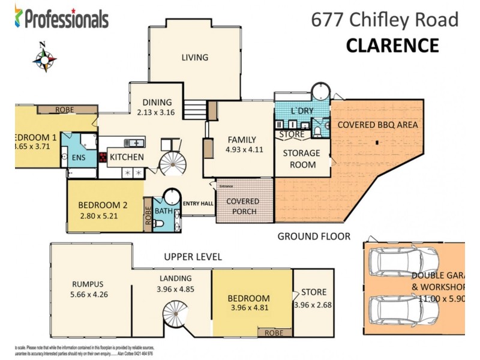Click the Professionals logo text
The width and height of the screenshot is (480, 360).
coord(66,19)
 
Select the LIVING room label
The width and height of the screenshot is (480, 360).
coord(195,58)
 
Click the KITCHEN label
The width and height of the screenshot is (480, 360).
coord(127,157)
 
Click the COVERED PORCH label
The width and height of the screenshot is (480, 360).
coord(243,206)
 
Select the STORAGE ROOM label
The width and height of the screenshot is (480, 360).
coord(301,158)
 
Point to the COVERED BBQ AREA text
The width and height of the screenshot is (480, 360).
coord(377,125)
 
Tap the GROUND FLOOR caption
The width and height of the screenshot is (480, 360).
coord(313,236)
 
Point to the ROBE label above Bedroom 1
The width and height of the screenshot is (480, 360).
coord(64,110)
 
